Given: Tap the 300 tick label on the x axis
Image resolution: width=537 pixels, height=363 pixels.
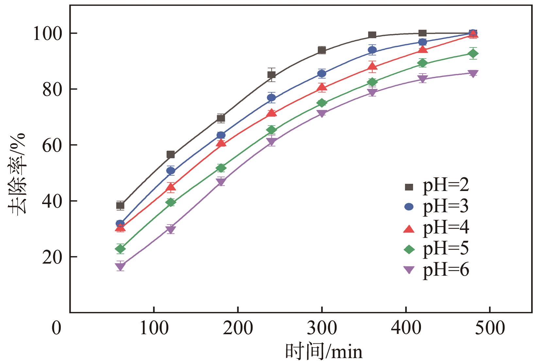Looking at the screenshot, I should point(322,328).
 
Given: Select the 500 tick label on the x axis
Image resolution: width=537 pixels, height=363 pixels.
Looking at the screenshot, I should point(490,328).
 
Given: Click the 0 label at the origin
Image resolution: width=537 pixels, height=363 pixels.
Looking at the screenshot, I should point(57,328).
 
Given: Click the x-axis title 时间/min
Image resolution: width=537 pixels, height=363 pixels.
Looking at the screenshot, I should point(324,352).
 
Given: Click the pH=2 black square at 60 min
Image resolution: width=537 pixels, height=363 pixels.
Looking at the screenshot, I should point(120,206).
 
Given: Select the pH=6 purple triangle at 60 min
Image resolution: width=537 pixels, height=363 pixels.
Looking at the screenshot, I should point(120,266).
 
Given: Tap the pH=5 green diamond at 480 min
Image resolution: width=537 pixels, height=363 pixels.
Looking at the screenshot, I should point(473,54).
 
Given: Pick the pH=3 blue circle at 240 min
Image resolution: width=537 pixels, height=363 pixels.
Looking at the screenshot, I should point(272,97).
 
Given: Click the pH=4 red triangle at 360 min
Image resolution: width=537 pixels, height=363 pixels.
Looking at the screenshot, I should point(372,67).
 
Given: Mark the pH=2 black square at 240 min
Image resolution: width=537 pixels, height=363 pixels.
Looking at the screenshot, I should point(272,75).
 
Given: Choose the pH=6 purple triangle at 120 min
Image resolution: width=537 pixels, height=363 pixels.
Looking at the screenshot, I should point(171,229).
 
